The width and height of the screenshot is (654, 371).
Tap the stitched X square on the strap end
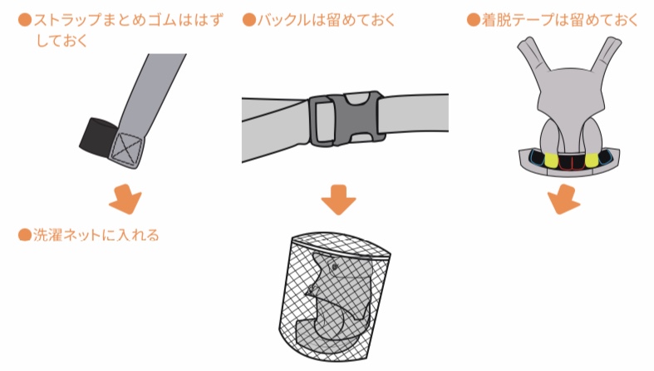[x=126, y=148]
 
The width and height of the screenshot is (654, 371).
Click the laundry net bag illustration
[x=334, y=295]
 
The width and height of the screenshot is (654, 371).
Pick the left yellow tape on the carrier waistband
[x=550, y=161]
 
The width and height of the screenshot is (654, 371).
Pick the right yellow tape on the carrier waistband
[x=592, y=161]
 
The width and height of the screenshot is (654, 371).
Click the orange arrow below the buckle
[x=338, y=200]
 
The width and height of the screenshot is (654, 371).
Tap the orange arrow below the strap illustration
[x=125, y=199]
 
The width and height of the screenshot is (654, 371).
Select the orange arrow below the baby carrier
[x=563, y=199]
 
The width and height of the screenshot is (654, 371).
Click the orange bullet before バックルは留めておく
[x=249, y=20]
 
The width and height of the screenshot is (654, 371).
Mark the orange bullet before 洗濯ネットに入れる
[x=25, y=235]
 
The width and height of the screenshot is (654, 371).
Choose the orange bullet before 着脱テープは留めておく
[x=474, y=20]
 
